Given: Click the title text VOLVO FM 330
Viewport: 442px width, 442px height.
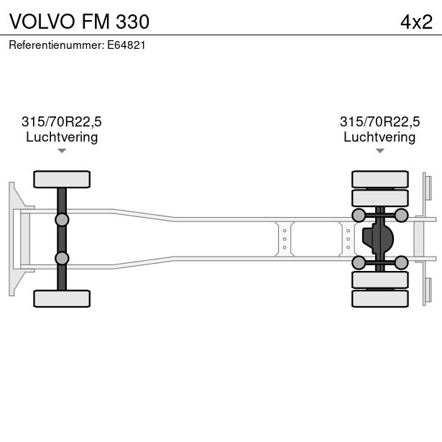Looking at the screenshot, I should pyautogui.click(x=79, y=22).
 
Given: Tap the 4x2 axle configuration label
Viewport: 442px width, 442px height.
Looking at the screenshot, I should pyautogui.click(x=416, y=22).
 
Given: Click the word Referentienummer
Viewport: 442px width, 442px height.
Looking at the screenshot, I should pyautogui.click(x=57, y=45).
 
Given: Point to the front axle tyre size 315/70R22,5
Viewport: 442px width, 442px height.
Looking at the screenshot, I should pyautogui.click(x=62, y=121).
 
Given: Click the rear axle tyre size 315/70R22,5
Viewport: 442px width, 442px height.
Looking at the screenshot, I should pyautogui.click(x=379, y=121).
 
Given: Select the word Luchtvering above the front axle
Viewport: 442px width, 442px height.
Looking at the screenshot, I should pyautogui.click(x=62, y=137).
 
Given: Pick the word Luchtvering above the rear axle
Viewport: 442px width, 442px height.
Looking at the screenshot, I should pyautogui.click(x=379, y=137).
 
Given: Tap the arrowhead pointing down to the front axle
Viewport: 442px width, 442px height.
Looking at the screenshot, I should pyautogui.click(x=62, y=151).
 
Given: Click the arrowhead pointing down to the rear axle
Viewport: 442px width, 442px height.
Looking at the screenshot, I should pyautogui.click(x=379, y=151).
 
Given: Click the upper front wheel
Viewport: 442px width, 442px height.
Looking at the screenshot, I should pyautogui.click(x=62, y=179).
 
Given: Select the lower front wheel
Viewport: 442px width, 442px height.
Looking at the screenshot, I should pyautogui.click(x=62, y=298).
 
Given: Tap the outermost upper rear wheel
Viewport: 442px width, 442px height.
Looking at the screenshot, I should pyautogui.click(x=379, y=179).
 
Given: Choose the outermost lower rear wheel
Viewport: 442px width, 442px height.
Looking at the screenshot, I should pyautogui.click(x=379, y=298).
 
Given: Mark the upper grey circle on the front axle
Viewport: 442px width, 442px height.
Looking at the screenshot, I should pyautogui.click(x=62, y=219).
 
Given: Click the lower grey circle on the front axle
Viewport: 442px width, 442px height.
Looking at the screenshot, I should pyautogui.click(x=62, y=258).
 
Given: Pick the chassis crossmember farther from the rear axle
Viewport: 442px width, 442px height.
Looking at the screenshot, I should pyautogui.click(x=285, y=238).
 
